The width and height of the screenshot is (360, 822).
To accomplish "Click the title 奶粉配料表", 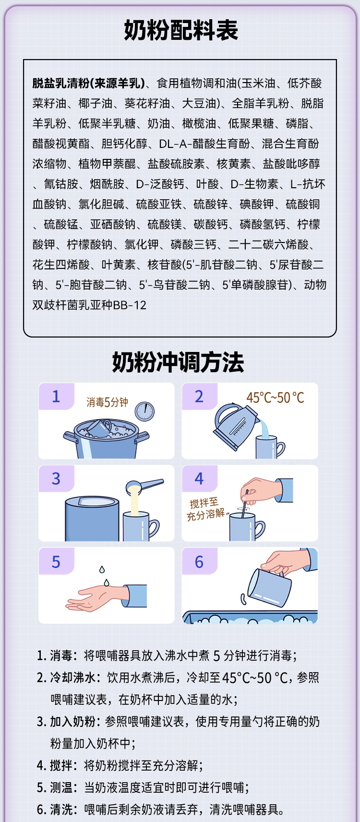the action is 181,30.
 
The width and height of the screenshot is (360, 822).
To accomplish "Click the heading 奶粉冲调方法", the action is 178,362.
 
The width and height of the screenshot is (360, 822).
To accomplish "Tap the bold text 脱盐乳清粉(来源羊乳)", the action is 88,83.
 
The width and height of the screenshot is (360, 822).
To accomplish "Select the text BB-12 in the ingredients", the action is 130,305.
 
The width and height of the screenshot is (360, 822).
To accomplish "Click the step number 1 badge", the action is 56,396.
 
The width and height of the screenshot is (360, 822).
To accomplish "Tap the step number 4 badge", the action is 199,479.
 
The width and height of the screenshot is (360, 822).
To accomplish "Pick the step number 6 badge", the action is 199,561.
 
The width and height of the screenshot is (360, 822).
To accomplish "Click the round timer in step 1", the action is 144,411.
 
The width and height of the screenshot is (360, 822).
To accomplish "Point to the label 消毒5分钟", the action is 107,402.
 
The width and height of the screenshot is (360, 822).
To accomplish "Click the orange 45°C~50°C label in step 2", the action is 275,398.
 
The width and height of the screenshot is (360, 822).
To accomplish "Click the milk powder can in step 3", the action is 92,518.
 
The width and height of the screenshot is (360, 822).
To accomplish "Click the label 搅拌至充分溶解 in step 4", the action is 205,509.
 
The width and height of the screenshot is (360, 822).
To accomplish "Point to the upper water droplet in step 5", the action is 102,569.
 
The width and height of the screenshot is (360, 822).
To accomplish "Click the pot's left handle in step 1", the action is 70,437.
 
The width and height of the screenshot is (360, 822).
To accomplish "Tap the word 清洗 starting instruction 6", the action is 61,809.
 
